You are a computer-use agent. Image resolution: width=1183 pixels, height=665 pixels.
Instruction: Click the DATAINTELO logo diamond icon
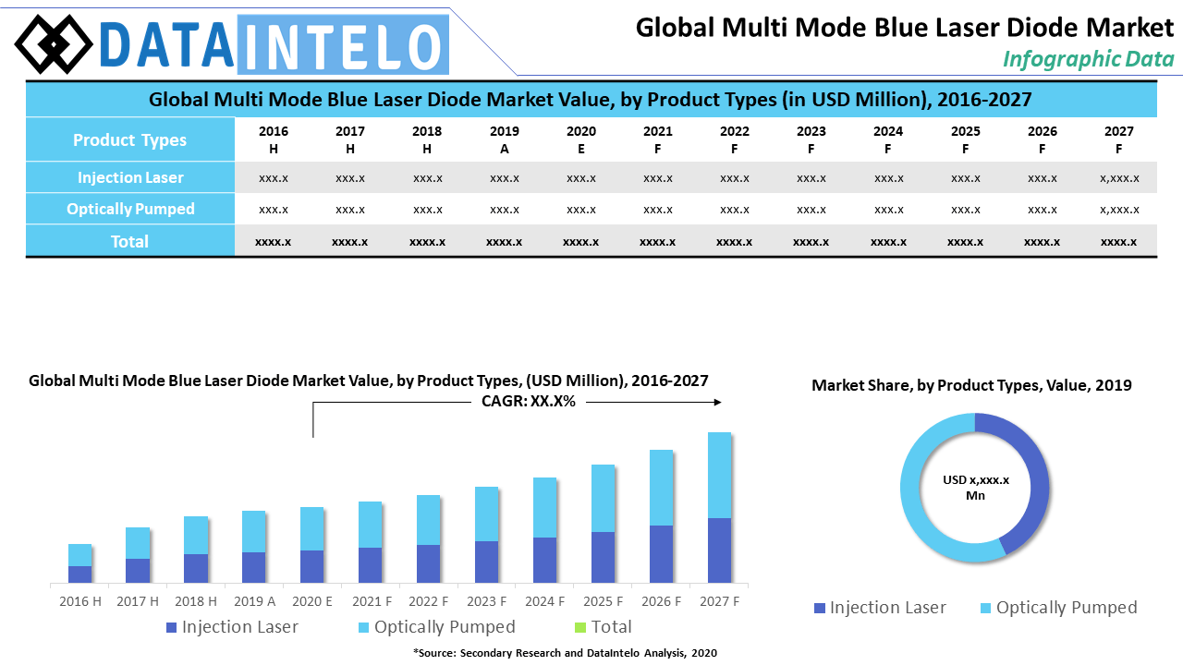(55, 43)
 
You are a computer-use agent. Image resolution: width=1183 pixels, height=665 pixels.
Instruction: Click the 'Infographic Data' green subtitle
(1088, 59)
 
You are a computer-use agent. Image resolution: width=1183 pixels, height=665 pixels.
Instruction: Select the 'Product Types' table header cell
(129, 140)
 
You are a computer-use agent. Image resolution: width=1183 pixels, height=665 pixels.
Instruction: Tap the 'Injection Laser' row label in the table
(129, 177)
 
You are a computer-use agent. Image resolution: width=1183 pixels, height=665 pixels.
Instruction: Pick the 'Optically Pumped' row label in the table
(129, 209)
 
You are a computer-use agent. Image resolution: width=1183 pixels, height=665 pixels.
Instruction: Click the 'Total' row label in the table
(129, 241)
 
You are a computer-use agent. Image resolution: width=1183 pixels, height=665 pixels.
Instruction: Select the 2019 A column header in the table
(504, 139)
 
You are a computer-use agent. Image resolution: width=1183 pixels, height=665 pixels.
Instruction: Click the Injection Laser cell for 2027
(1118, 177)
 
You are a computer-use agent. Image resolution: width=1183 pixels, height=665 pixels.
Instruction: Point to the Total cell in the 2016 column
(274, 241)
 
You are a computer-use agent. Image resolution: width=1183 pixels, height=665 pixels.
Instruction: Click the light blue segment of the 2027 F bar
(719, 475)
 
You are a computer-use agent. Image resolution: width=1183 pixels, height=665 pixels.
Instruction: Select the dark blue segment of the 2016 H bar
(80, 574)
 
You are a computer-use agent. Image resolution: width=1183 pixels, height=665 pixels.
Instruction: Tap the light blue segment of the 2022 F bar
(428, 520)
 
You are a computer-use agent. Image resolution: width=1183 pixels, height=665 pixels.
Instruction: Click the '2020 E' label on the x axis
(312, 601)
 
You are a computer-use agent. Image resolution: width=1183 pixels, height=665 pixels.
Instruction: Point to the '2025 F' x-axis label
(604, 601)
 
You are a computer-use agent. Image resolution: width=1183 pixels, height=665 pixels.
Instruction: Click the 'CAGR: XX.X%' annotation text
(529, 402)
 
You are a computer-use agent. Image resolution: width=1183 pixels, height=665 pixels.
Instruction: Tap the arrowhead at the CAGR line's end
(717, 402)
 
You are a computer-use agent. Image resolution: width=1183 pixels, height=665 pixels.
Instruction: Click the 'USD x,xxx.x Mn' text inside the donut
(975, 488)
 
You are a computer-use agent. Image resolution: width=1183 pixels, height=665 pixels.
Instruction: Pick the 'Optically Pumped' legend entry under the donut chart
(1057, 608)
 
